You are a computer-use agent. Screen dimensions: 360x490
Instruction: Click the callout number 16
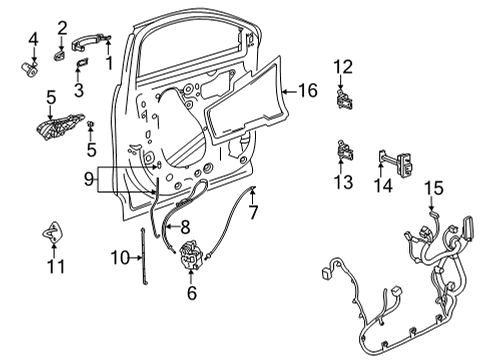[307, 91]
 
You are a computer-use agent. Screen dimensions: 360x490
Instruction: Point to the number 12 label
[343, 66]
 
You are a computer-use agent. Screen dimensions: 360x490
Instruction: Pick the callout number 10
[119, 259]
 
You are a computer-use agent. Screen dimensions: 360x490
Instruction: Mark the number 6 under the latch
[191, 294]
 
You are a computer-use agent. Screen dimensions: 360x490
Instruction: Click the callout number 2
[61, 27]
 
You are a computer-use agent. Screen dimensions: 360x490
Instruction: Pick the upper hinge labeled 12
[343, 97]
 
